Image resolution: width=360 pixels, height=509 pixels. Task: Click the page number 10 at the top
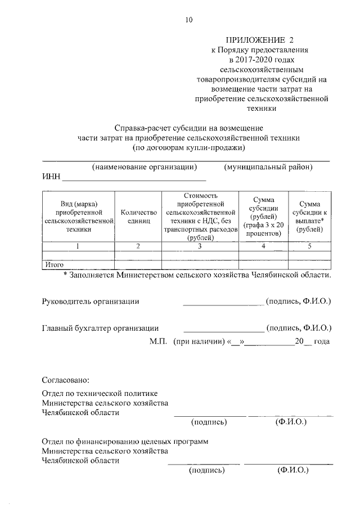click(188, 20)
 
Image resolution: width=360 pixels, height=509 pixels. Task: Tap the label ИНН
click(51, 178)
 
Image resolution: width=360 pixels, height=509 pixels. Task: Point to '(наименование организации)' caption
click(145, 167)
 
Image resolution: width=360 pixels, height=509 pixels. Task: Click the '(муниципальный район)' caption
click(268, 167)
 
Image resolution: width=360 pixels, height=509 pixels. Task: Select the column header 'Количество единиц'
click(138, 217)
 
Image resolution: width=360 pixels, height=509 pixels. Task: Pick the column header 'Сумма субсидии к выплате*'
click(309, 217)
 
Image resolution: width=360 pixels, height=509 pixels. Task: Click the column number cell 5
click(309, 246)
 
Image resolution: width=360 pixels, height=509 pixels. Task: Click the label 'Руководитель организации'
click(91, 301)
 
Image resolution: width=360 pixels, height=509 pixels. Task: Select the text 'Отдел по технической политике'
click(100, 393)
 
